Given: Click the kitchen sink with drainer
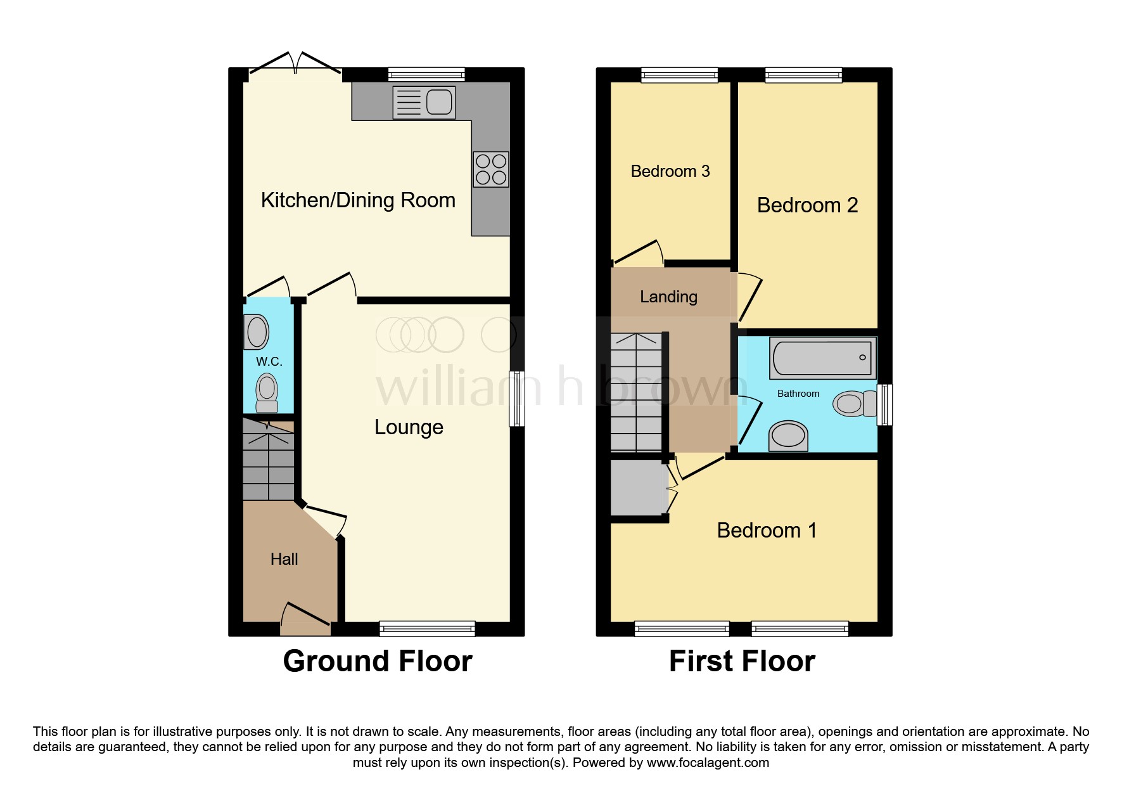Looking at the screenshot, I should pyautogui.click(x=424, y=102).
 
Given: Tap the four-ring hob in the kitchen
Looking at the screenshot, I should pyautogui.click(x=491, y=169).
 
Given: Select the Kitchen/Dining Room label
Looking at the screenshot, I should pyautogui.click(x=358, y=200).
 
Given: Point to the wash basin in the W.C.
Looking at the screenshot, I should pyautogui.click(x=257, y=332).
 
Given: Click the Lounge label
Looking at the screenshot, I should pyautogui.click(x=409, y=427).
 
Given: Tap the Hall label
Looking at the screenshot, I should pyautogui.click(x=284, y=559).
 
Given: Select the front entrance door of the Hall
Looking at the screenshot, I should pyautogui.click(x=305, y=618).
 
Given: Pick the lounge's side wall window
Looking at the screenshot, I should pyautogui.click(x=517, y=398).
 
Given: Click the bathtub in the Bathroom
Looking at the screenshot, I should pyautogui.click(x=822, y=358).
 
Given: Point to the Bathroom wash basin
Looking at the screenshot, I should pyautogui.click(x=788, y=436).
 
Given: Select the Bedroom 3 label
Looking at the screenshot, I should pyautogui.click(x=670, y=171).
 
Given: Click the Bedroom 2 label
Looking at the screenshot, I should pyautogui.click(x=807, y=205).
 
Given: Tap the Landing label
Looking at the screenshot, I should pyautogui.click(x=668, y=297).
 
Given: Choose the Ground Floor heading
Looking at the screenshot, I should pyautogui.click(x=378, y=661).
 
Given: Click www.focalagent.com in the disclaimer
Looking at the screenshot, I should pyautogui.click(x=708, y=763).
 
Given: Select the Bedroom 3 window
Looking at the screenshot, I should pyautogui.click(x=679, y=75).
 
